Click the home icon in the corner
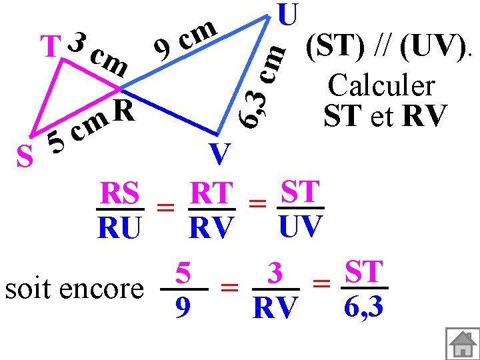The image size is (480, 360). click(x=461, y=343)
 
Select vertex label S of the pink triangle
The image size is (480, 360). click(x=25, y=157)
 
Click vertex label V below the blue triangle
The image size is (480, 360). click(x=219, y=154)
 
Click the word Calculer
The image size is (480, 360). click(x=381, y=85)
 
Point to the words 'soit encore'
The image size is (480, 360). click(x=74, y=289)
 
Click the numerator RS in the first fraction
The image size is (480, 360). click(x=119, y=194)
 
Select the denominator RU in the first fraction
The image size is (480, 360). click(x=119, y=229)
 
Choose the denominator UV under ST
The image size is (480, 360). click(x=300, y=227)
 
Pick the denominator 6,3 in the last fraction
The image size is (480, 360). click(x=364, y=308)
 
